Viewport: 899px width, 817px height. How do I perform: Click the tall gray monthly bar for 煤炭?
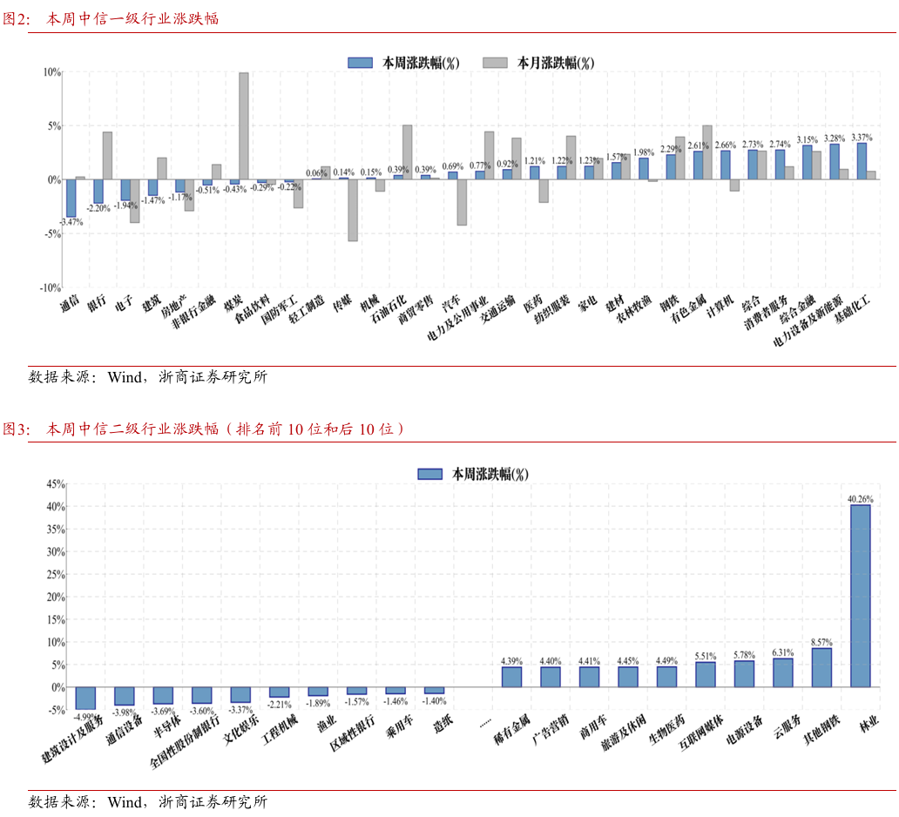[244, 126]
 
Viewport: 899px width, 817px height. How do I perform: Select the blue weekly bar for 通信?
[71, 198]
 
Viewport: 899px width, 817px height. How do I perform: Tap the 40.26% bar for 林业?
[860, 596]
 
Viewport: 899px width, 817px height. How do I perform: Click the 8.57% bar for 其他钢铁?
[821, 667]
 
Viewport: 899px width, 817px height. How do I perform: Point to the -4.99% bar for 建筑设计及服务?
[85, 699]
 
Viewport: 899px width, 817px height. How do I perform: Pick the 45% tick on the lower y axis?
[55, 483]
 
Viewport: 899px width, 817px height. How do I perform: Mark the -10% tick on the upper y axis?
[51, 287]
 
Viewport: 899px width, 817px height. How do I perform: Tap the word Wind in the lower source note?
[124, 802]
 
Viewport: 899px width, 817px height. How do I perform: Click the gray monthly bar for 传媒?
[353, 210]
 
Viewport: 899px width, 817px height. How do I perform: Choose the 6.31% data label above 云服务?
[783, 652]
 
